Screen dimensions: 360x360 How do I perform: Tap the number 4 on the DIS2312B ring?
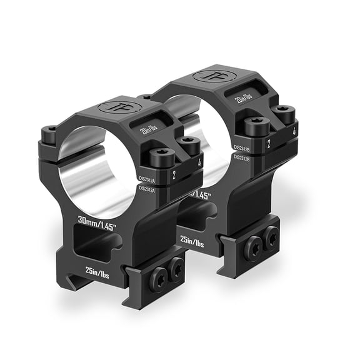point(293,133)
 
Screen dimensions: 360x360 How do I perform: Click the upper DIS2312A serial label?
point(147,177)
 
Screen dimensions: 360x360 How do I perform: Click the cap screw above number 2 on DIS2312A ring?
point(162,154)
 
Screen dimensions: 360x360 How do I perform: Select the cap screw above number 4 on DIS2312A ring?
point(188,145)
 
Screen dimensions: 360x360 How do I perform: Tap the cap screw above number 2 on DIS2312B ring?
point(257,124)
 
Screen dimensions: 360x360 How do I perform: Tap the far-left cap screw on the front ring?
point(49,132)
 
